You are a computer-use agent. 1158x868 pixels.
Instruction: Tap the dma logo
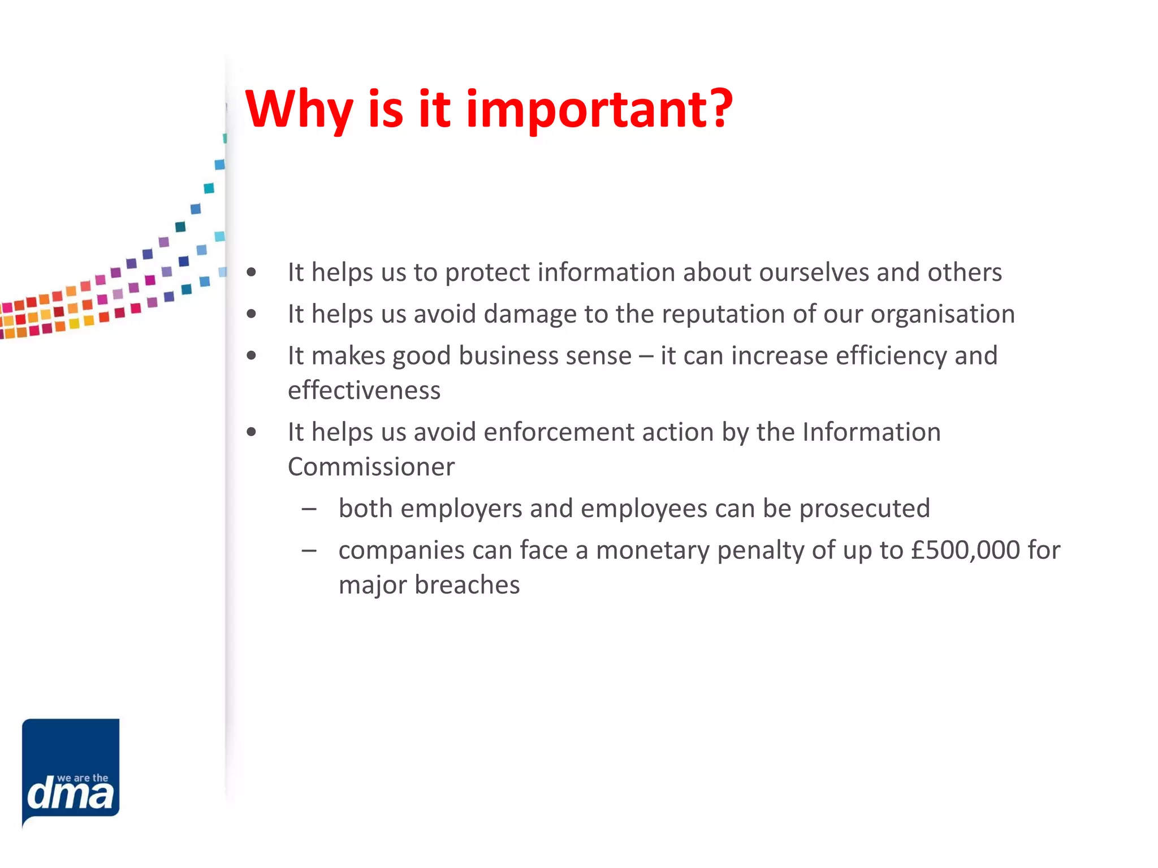(71, 772)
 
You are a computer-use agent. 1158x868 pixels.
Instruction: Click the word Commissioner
(371, 467)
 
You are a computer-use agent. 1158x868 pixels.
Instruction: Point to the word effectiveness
(364, 390)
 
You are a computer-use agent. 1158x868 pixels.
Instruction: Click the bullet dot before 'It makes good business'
(252, 356)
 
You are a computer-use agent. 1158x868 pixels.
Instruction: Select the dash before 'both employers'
(309, 509)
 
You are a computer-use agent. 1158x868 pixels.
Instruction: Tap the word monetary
(652, 550)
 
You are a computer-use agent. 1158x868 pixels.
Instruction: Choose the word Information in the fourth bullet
(871, 432)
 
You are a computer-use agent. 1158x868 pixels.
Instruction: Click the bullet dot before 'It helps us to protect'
(252, 273)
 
